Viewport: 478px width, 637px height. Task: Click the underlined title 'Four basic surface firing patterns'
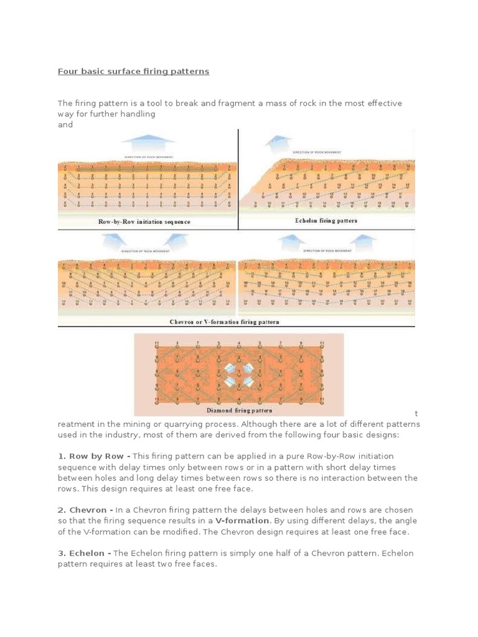tap(133, 72)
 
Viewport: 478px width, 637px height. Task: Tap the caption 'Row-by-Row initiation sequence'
tap(144, 221)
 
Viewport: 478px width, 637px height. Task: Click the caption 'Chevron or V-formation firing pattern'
tap(224, 322)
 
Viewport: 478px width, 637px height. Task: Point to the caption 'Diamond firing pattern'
tap(239, 411)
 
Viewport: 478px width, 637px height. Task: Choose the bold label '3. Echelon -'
tap(85, 553)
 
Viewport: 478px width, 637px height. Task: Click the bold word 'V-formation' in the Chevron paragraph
tap(242, 521)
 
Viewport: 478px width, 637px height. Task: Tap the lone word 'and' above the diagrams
tap(65, 124)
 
